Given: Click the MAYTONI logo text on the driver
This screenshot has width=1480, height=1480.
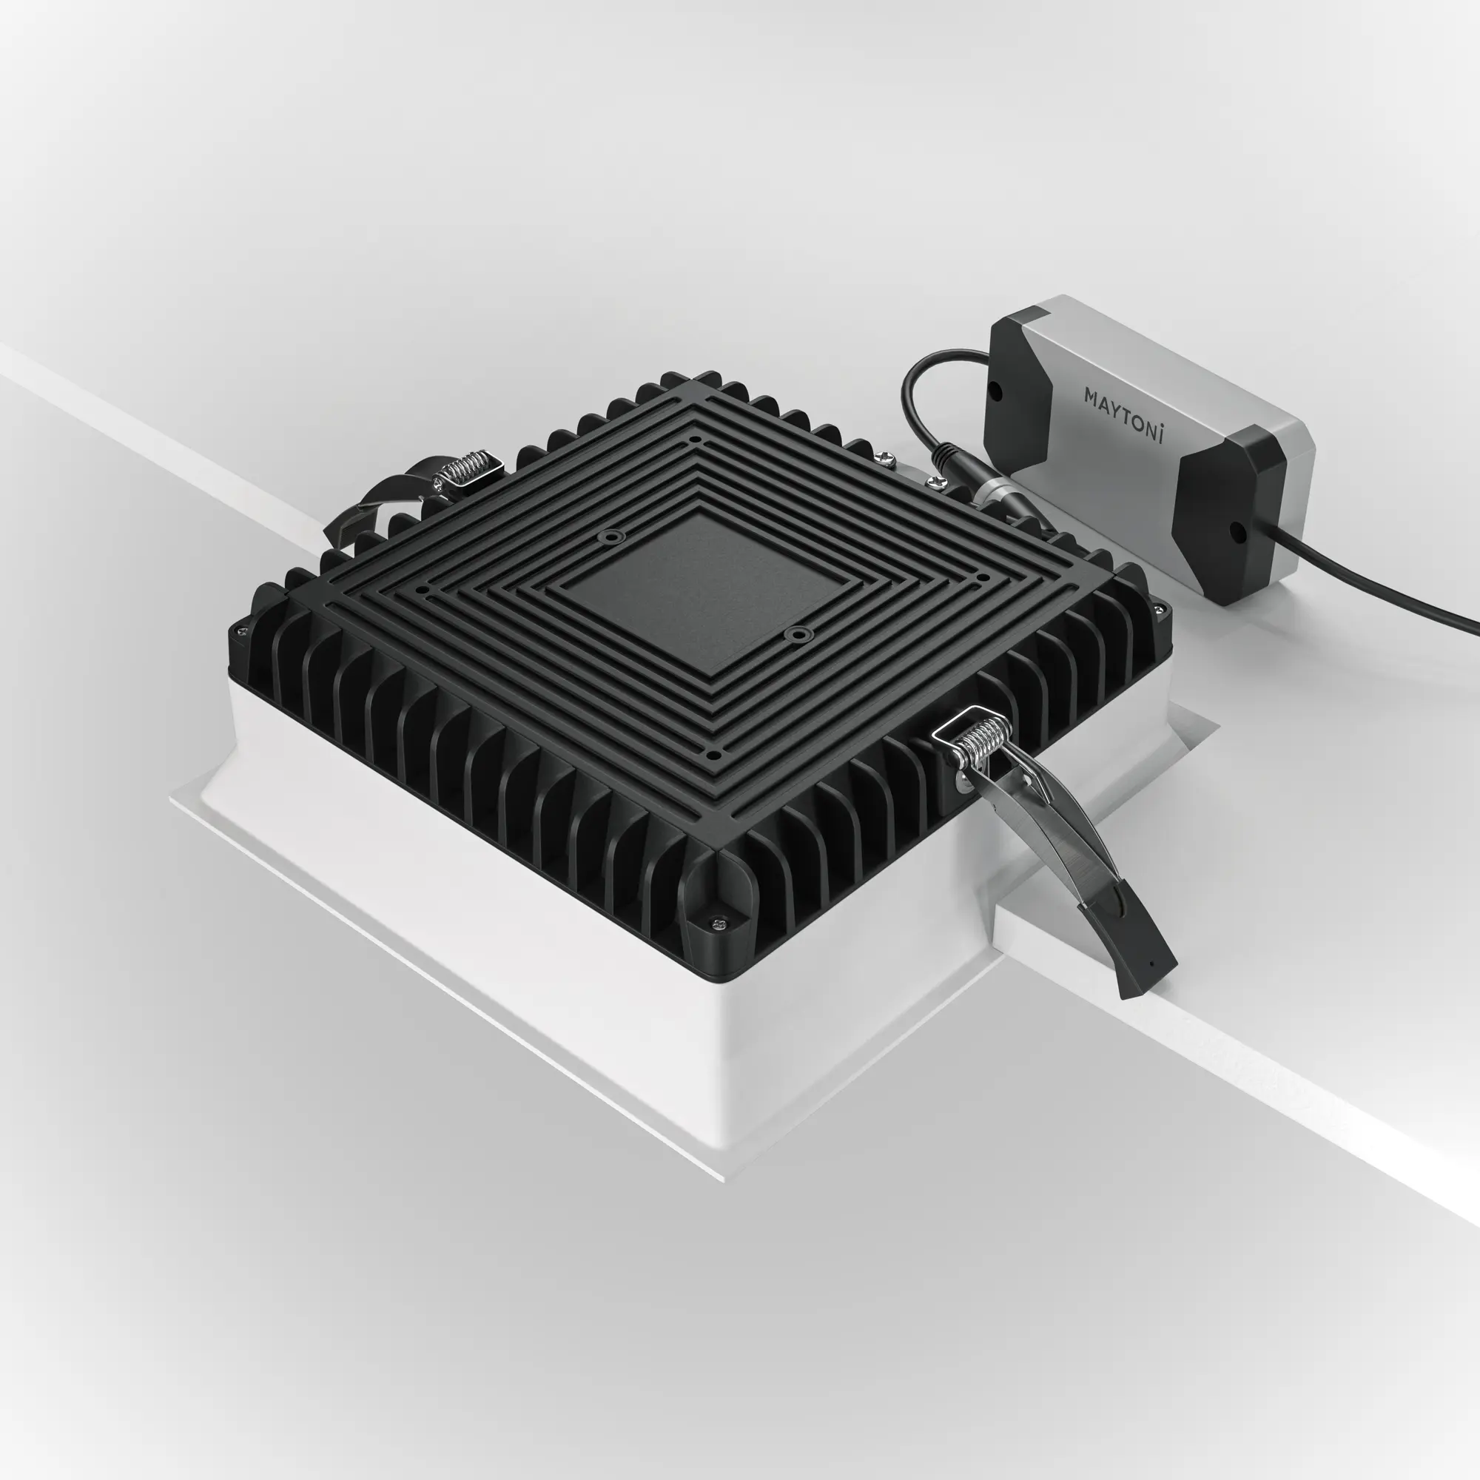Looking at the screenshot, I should [1124, 414].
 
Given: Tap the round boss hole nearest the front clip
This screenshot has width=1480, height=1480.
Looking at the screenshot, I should [801, 634].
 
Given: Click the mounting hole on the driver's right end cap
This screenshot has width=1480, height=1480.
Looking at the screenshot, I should [1235, 530].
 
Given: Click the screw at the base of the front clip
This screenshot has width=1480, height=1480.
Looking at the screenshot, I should [961, 782].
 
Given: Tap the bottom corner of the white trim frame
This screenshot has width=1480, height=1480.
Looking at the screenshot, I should [724, 1180].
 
